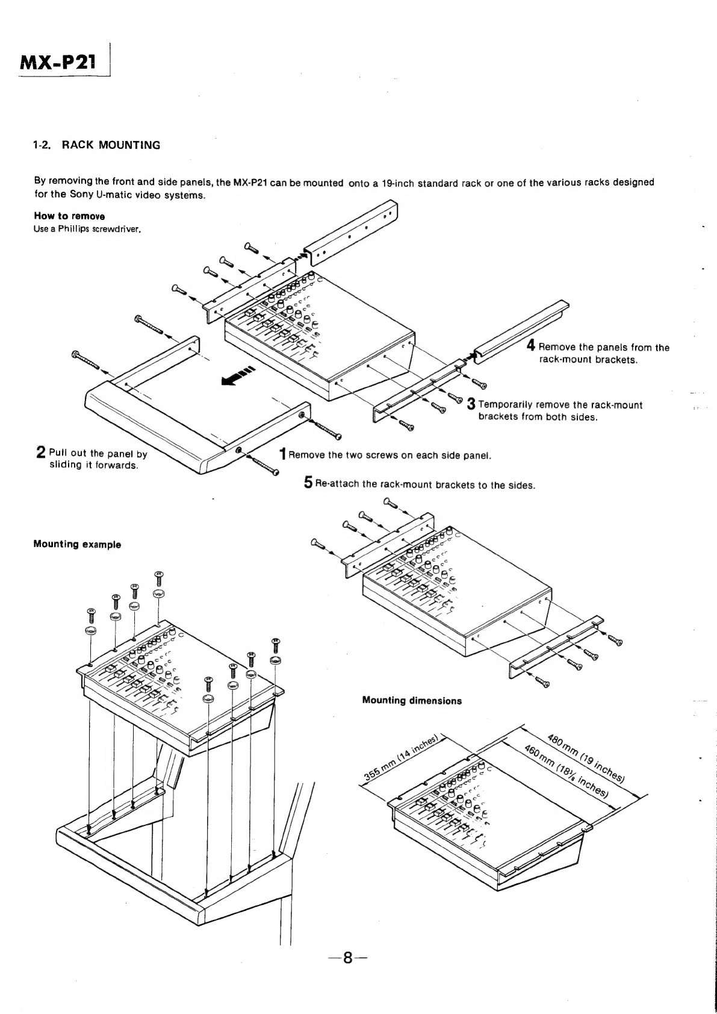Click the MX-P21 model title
58,61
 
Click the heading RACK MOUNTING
97,145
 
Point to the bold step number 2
41,451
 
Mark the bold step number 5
308,483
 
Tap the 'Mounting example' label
77,545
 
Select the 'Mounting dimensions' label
412,701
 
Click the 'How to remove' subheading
70,216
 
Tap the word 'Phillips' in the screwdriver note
72,228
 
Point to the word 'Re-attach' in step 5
338,485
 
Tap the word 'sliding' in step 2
65,466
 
